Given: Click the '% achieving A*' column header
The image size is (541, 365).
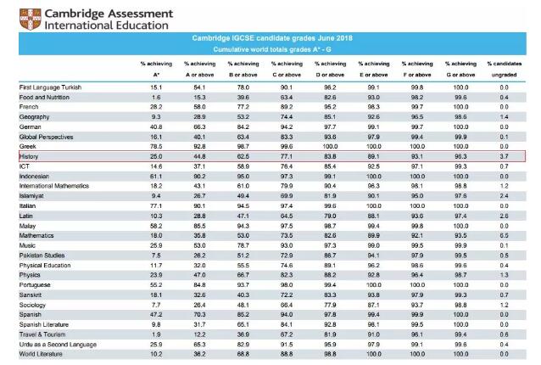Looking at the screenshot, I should (155, 67).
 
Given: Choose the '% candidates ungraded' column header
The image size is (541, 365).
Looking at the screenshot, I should (504, 67).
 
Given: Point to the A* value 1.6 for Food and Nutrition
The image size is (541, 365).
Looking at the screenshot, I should (156, 96).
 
